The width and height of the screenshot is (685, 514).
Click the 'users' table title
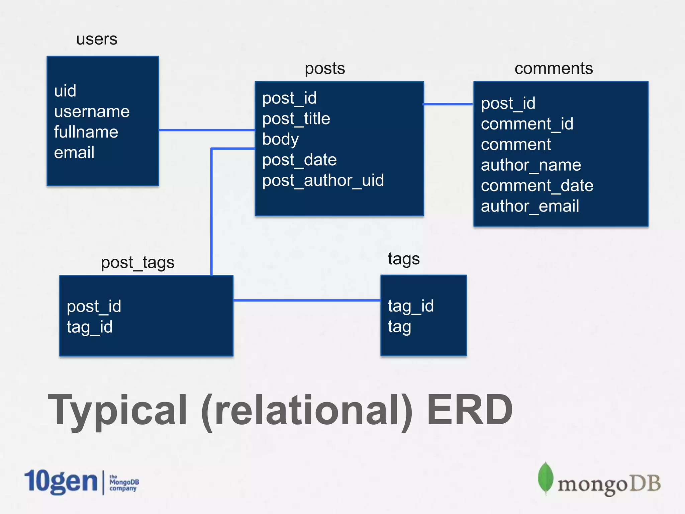[x=97, y=39]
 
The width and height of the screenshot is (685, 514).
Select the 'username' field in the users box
[x=92, y=111]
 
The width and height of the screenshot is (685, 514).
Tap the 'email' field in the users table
[x=74, y=153]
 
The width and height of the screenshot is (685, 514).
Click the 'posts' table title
[x=324, y=69]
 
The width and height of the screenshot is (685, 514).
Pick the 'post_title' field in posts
[x=296, y=119]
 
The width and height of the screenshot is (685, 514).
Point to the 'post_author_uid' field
[x=323, y=181]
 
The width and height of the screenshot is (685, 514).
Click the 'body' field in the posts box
[x=280, y=140]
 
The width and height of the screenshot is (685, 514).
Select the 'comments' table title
[x=554, y=69]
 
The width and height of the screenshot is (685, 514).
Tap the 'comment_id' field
[x=527, y=124]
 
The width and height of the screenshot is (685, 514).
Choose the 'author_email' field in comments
[x=530, y=206]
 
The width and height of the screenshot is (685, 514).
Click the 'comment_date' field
[x=537, y=186]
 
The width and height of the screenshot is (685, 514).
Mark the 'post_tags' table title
[x=137, y=263]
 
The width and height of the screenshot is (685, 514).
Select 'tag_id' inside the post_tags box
[x=89, y=327]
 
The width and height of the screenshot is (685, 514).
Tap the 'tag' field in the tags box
[x=399, y=327]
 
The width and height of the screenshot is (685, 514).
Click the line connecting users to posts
[x=206, y=130]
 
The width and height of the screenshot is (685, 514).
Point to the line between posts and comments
[x=448, y=104]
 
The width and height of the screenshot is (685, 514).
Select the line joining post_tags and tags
[x=307, y=300]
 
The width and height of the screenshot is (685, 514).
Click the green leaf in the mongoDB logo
[x=546, y=478]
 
